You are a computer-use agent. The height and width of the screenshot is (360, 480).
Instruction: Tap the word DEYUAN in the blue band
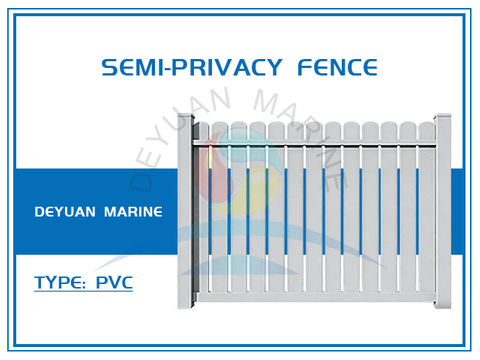[x=67, y=213]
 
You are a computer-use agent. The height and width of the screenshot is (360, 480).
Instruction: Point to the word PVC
[x=114, y=282]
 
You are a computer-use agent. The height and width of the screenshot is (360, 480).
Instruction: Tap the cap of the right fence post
[x=442, y=119]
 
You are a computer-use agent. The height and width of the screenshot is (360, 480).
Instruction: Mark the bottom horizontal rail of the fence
[x=314, y=308]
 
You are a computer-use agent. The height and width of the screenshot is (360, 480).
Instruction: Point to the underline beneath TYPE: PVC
[x=83, y=293]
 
